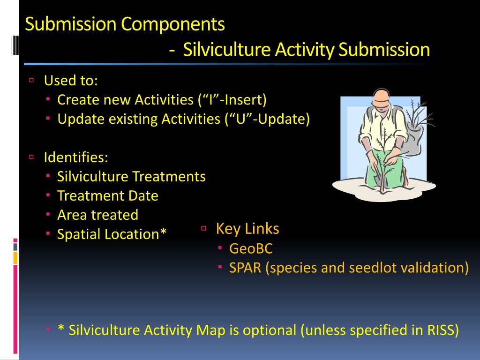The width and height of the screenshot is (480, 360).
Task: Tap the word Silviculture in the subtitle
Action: (227, 50)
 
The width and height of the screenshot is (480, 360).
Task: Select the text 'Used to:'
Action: (71, 81)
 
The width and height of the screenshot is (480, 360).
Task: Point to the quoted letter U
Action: (241, 119)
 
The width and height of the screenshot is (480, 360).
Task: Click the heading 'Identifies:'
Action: (76, 157)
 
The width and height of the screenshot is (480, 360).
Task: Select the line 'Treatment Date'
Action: (108, 195)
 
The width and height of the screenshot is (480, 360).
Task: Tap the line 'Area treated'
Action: (97, 215)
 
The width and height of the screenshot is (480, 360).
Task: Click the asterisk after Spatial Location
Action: (163, 232)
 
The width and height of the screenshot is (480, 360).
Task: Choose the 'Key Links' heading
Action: (247, 229)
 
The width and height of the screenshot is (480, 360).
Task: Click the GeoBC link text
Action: (251, 248)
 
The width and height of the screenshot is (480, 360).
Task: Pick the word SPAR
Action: (245, 268)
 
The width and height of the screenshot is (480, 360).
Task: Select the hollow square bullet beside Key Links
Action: (204, 228)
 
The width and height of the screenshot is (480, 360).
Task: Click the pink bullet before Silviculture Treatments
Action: (48, 176)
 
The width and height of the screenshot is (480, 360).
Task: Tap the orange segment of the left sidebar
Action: (15, 258)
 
